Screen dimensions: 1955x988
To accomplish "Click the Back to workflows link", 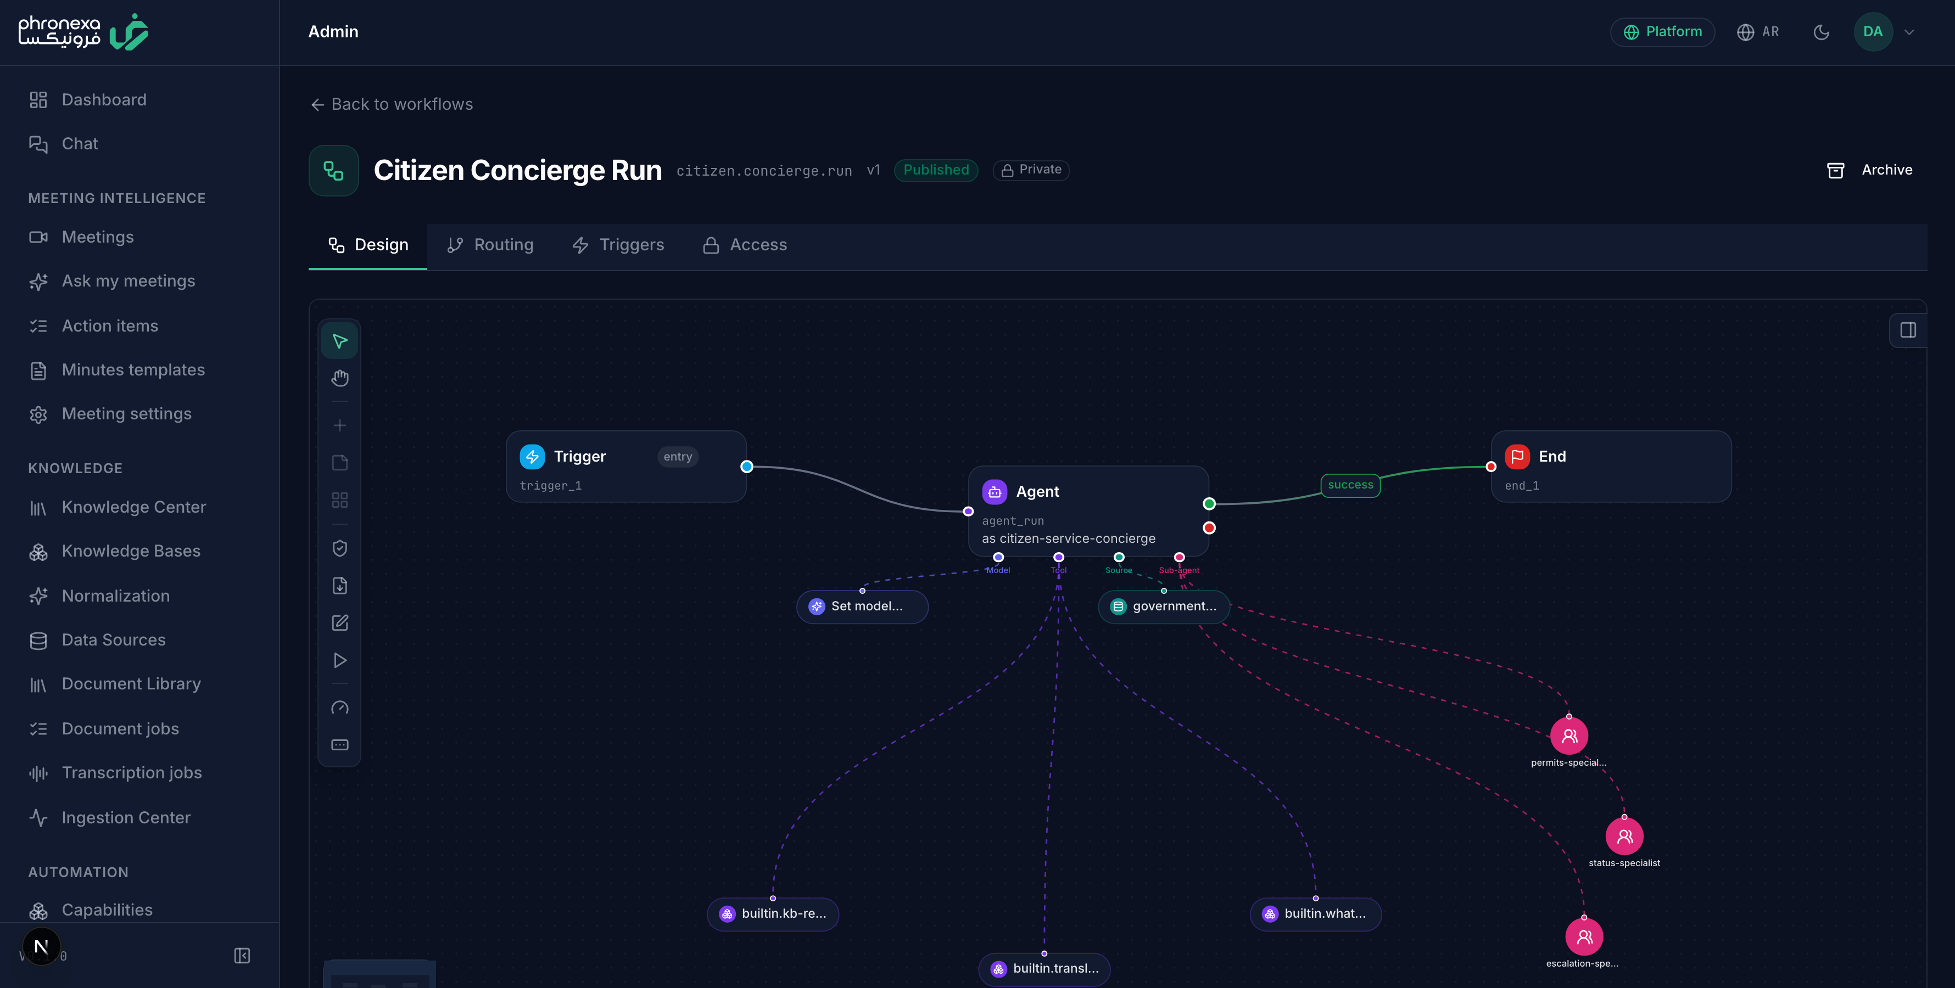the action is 392,104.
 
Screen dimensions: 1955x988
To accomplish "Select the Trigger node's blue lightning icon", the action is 532,456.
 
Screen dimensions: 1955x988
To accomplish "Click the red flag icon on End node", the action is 1517,456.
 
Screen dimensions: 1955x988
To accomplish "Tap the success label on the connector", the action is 1350,485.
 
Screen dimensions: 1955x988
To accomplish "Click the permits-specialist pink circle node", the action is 1569,736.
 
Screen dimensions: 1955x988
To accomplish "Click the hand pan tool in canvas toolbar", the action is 340,378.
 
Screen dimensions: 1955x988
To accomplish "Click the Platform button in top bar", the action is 1662,32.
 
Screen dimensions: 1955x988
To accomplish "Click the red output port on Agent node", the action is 1209,528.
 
